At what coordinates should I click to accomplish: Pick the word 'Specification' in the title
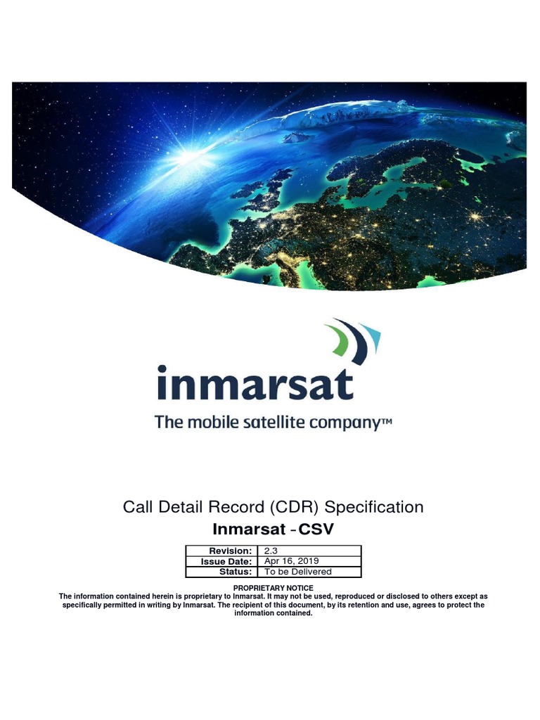tap(375, 506)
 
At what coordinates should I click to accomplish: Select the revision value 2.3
tap(271, 551)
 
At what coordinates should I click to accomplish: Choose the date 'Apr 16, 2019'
tap(291, 561)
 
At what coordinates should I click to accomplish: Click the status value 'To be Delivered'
tap(297, 572)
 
